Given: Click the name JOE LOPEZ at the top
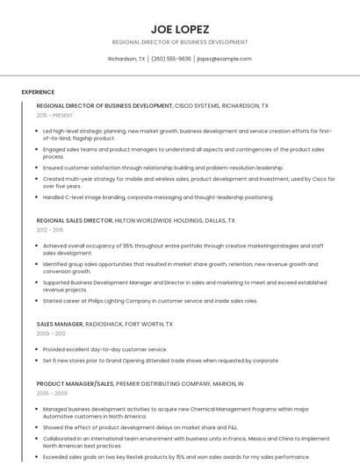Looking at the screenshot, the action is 179,27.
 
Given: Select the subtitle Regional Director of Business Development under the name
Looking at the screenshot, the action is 179,41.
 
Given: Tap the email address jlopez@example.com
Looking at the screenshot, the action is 224,59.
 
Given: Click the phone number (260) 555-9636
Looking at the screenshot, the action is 171,59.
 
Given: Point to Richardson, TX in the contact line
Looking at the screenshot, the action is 126,59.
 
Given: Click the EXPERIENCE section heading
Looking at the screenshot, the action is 38,91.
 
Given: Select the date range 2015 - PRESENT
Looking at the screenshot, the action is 54,115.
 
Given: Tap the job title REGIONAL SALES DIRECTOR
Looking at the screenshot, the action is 75,221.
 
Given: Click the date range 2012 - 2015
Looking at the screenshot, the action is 50,231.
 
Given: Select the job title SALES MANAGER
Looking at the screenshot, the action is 59,324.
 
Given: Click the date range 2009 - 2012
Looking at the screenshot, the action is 50,333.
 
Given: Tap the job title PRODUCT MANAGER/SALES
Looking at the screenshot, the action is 76,383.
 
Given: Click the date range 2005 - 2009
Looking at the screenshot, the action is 51,394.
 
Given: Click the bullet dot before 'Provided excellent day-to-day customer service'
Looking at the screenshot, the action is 38,349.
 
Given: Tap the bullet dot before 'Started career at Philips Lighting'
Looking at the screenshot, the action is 38,301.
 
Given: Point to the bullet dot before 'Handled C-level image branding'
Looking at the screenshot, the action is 38,197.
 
